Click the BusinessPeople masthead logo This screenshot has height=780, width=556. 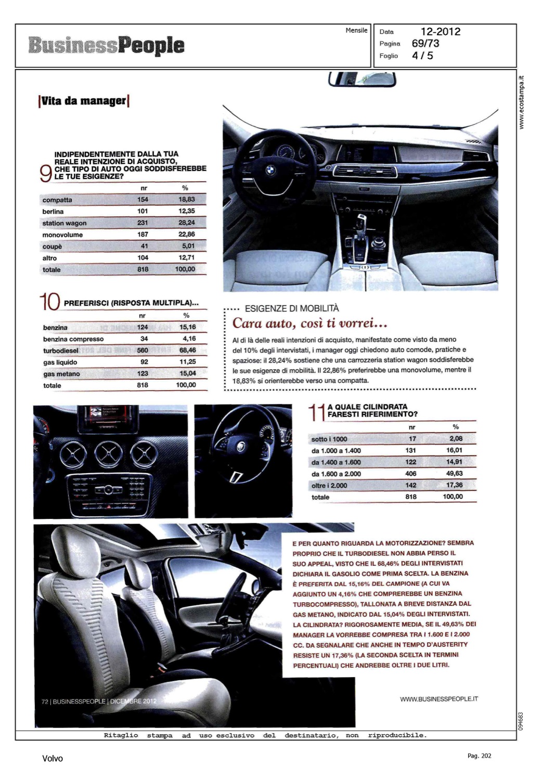[107, 46]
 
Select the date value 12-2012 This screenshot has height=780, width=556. [440, 32]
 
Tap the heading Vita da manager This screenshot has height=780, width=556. [84, 101]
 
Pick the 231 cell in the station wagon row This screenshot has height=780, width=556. [143, 223]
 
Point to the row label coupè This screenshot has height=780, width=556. [52, 246]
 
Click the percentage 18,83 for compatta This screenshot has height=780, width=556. [186, 199]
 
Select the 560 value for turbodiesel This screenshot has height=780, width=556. [143, 350]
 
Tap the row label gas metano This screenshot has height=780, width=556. [61, 374]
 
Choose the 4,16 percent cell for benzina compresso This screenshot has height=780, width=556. [188, 339]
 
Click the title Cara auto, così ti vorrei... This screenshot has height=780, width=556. [310, 323]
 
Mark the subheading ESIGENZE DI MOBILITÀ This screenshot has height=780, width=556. [291, 308]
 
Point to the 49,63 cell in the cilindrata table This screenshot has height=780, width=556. [454, 474]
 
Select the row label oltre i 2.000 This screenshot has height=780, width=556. [329, 486]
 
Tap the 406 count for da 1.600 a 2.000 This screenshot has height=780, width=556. [411, 474]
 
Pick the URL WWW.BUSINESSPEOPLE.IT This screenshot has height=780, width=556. [438, 699]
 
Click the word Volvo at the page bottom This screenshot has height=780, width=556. [53, 759]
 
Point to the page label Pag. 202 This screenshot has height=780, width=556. [479, 756]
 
